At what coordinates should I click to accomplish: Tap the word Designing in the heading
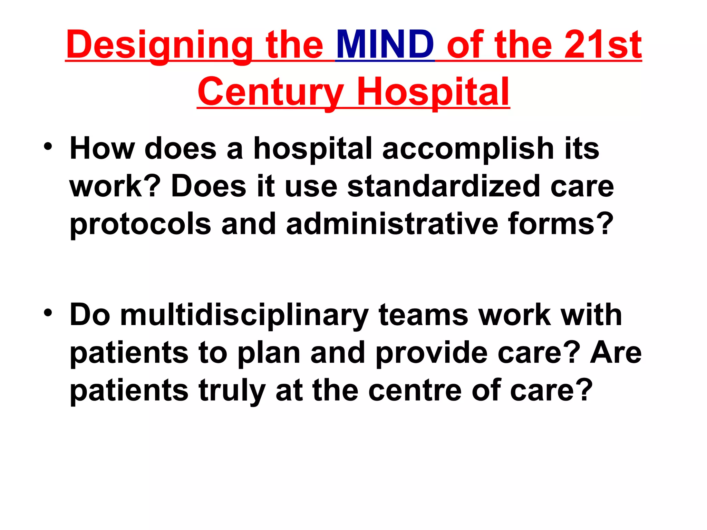coord(159,45)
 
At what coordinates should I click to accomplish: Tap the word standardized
coord(443,186)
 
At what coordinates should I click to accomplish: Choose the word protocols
coord(140,224)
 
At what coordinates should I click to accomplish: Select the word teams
coord(423,315)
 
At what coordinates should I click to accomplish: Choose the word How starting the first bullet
coord(102,148)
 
